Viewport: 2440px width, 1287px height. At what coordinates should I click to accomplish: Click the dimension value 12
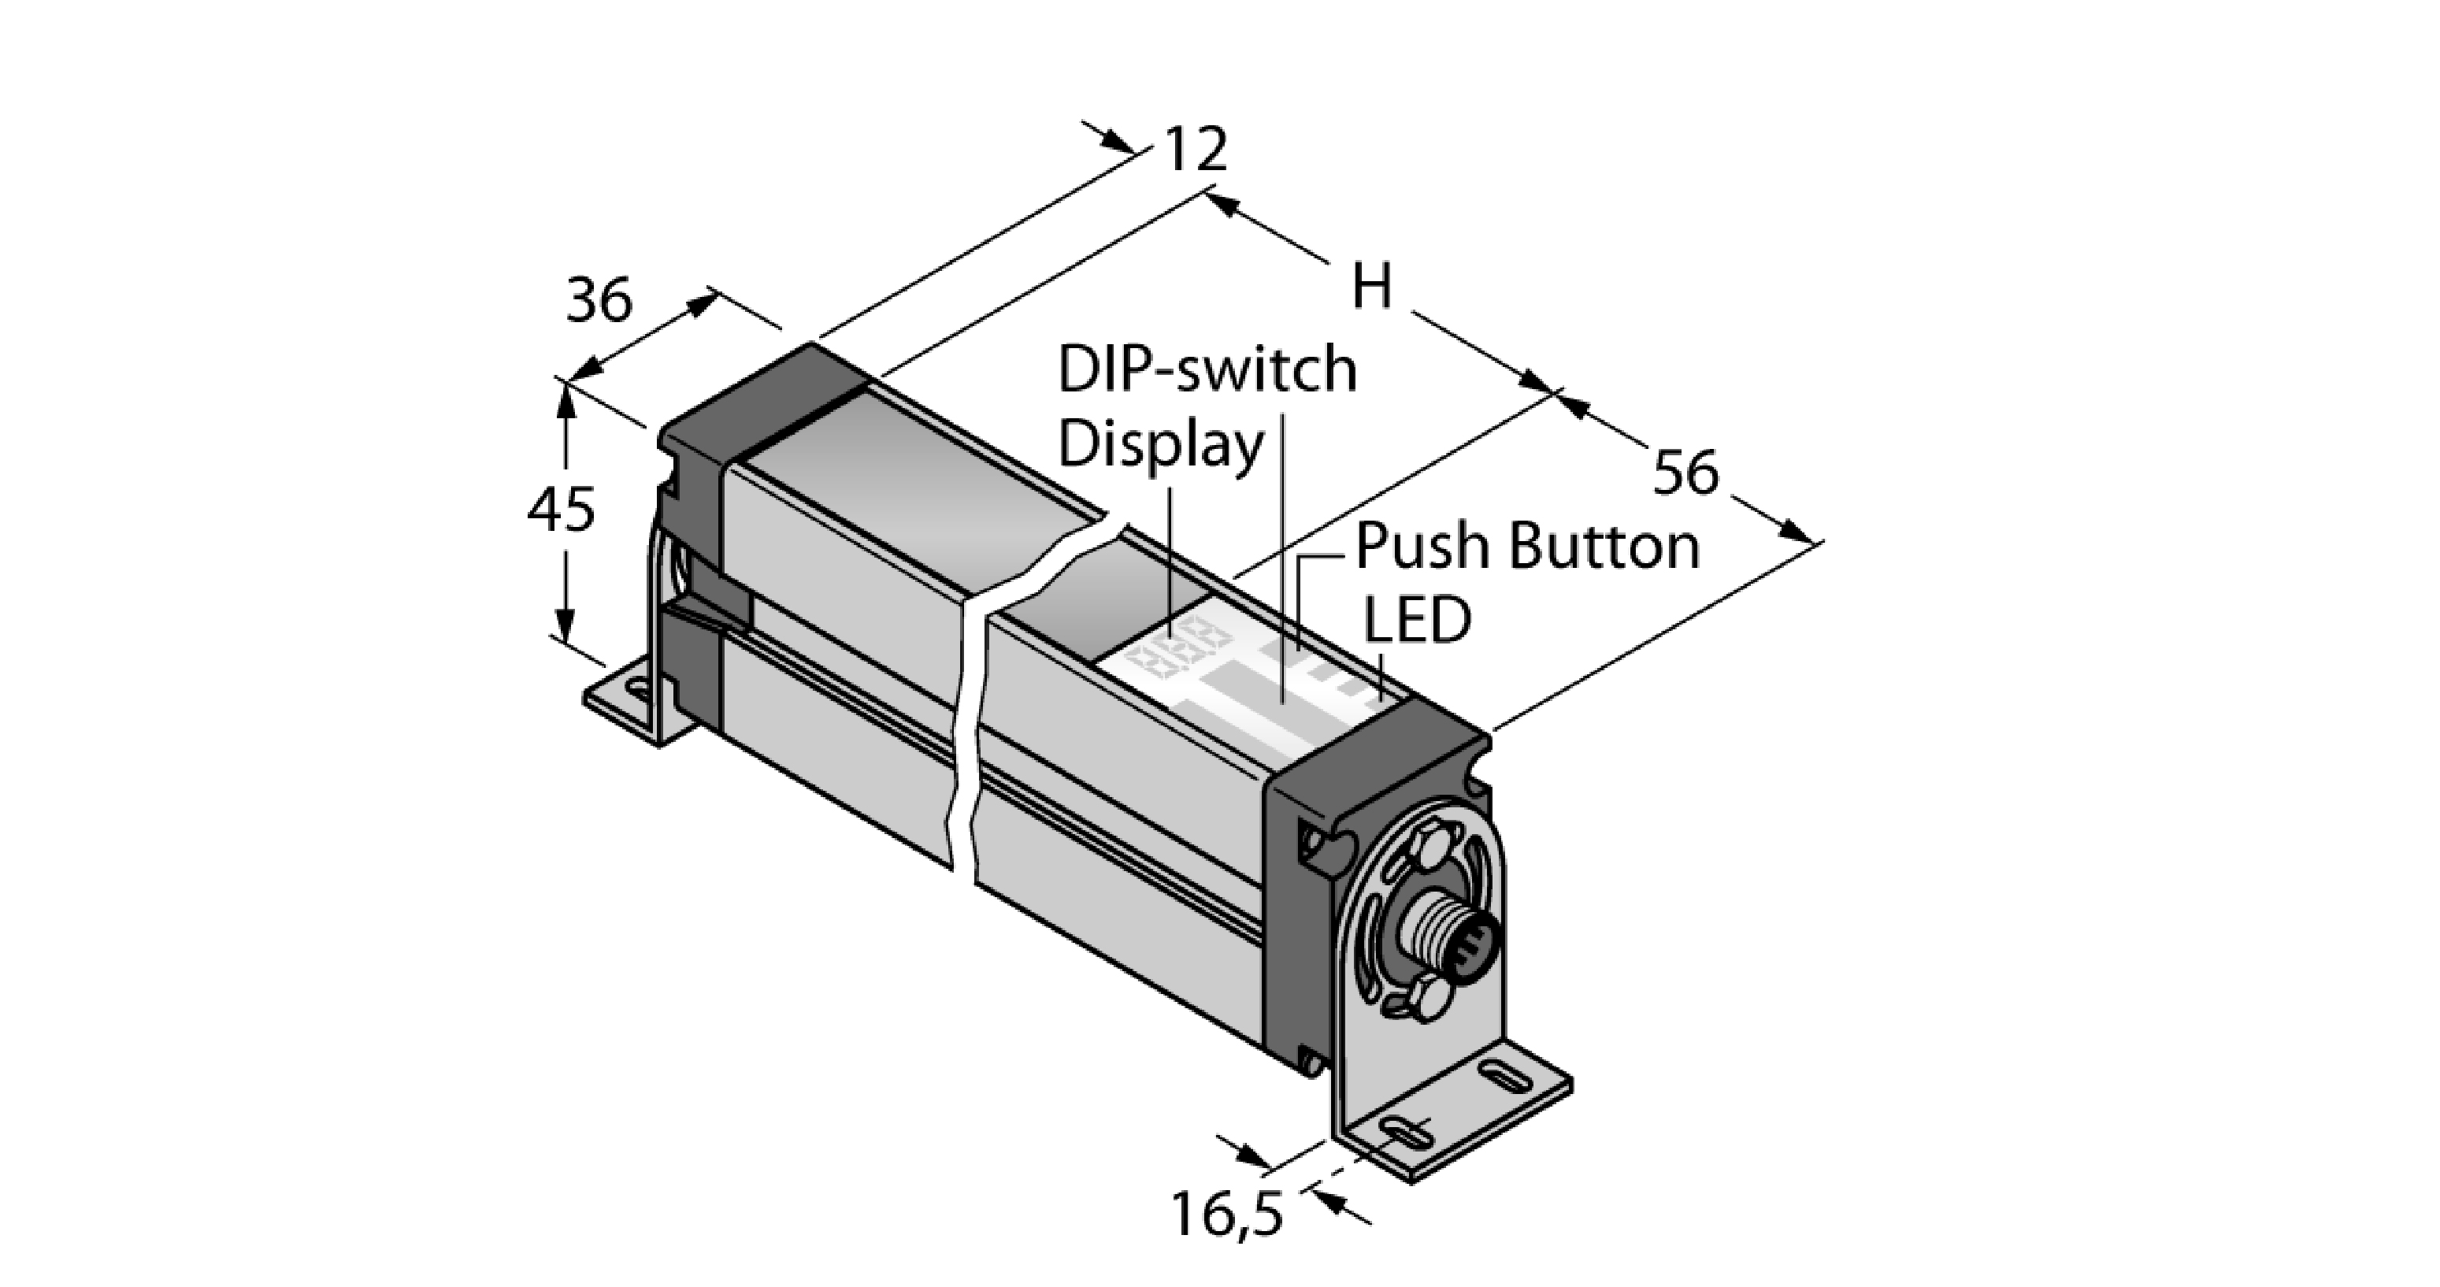click(1196, 150)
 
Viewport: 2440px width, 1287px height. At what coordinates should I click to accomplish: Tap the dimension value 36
click(599, 301)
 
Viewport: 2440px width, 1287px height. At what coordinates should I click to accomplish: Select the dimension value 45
click(561, 510)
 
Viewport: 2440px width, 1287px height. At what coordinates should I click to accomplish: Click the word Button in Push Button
click(1604, 547)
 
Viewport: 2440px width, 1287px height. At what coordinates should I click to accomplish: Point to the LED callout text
click(1416, 621)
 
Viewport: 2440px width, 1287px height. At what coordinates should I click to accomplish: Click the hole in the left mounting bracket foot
click(640, 689)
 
